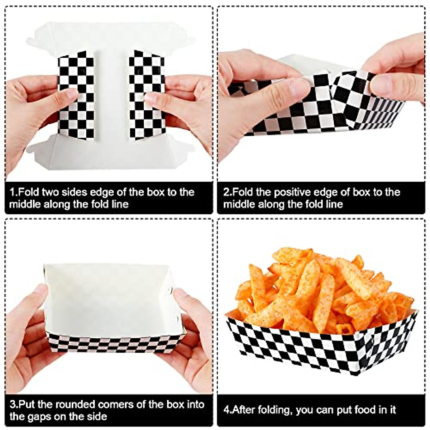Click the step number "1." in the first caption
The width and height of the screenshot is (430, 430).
[x=13, y=192]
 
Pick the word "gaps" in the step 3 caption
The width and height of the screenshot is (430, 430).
[x=46, y=417]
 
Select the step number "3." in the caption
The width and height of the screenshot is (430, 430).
[x=14, y=405]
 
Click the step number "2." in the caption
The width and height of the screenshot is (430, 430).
[x=228, y=192]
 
